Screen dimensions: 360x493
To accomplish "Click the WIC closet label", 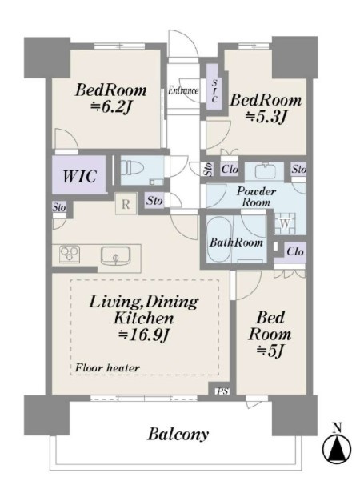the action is pyautogui.click(x=79, y=176).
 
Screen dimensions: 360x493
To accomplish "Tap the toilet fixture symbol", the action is pyautogui.click(x=132, y=167).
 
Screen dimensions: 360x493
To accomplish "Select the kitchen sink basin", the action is pyautogui.click(x=115, y=256).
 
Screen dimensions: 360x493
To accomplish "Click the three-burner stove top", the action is pyautogui.click(x=70, y=254).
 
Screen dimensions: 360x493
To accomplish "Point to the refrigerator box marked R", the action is pyautogui.click(x=126, y=204).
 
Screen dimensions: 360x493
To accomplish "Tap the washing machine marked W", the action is pyautogui.click(x=285, y=223).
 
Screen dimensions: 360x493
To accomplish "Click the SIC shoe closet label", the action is pyautogui.click(x=214, y=91).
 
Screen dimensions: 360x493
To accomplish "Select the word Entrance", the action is pyautogui.click(x=183, y=90).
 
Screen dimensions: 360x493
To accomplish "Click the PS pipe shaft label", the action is pyautogui.click(x=222, y=391).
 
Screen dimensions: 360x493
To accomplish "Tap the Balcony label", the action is pyautogui.click(x=178, y=435).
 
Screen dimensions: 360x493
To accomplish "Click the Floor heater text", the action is pyautogui.click(x=107, y=367).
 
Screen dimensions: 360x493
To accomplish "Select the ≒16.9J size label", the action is pyautogui.click(x=144, y=336).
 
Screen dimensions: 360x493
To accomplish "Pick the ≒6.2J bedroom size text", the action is pyautogui.click(x=110, y=107).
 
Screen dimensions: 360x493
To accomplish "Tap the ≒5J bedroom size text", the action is pyautogui.click(x=270, y=351).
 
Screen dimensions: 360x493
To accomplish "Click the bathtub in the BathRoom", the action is pyautogui.click(x=219, y=238).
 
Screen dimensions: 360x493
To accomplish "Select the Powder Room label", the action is pyautogui.click(x=256, y=197).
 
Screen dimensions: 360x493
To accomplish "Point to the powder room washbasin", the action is pyautogui.click(x=265, y=170).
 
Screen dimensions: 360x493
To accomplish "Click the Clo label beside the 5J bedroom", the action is pyautogui.click(x=295, y=251).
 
